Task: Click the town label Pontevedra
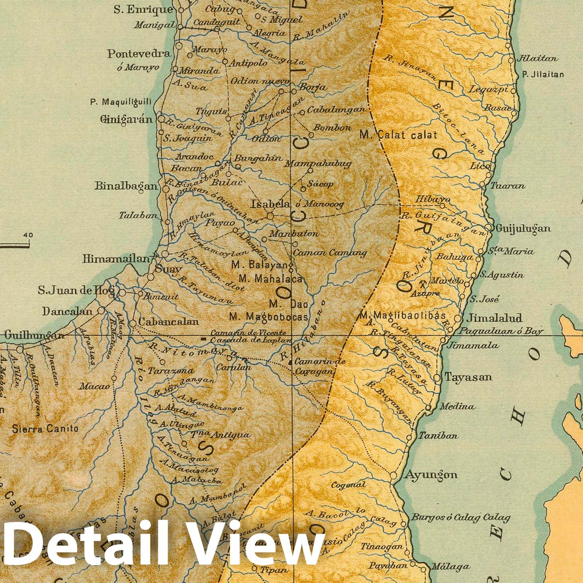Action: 138,54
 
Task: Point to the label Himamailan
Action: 116,259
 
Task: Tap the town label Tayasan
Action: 469,377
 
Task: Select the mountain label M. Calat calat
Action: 398,135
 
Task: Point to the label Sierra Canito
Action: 45,429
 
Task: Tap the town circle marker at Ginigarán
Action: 161,119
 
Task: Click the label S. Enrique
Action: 143,10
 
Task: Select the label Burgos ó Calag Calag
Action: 461,517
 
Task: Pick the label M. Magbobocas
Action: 269,317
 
